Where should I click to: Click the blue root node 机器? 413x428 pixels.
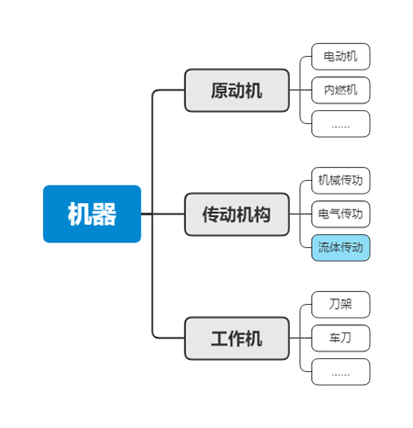pos(92,214)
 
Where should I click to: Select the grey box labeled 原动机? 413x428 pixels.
pos(237,90)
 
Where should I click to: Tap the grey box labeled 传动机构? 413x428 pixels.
pos(237,214)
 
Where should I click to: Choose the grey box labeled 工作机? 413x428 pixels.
pos(237,338)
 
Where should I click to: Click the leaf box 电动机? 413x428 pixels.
pos(340,57)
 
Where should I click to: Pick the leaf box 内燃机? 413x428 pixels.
pos(340,90)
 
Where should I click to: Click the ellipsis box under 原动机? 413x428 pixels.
pos(340,124)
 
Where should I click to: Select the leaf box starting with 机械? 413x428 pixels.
pos(340,181)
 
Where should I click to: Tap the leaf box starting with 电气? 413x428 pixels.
pos(340,214)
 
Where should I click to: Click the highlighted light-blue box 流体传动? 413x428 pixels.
pos(340,248)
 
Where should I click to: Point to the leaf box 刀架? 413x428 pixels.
pos(340,305)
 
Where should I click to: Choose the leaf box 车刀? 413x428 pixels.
pos(340,338)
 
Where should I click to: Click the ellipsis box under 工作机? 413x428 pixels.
pos(340,372)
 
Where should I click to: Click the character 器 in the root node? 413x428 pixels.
pos(105,214)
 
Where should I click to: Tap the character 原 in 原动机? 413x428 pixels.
pos(219,91)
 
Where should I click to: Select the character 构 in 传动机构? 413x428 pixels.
pos(262,215)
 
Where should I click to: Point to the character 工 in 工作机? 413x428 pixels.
pos(219,339)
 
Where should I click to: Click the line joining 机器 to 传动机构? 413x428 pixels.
pos(162,214)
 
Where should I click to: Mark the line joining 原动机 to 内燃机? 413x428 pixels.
pos(300,90)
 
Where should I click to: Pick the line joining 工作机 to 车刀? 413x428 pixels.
pos(300,338)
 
